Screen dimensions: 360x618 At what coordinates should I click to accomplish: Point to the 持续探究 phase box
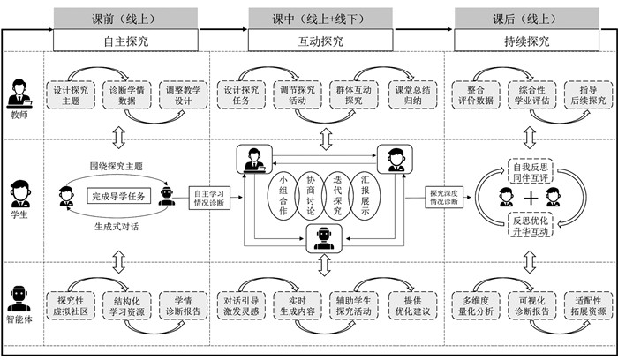(x=524, y=41)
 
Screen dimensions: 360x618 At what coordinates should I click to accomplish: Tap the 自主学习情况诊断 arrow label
(x=209, y=196)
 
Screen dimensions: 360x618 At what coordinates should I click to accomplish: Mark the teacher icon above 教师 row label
(x=19, y=93)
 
